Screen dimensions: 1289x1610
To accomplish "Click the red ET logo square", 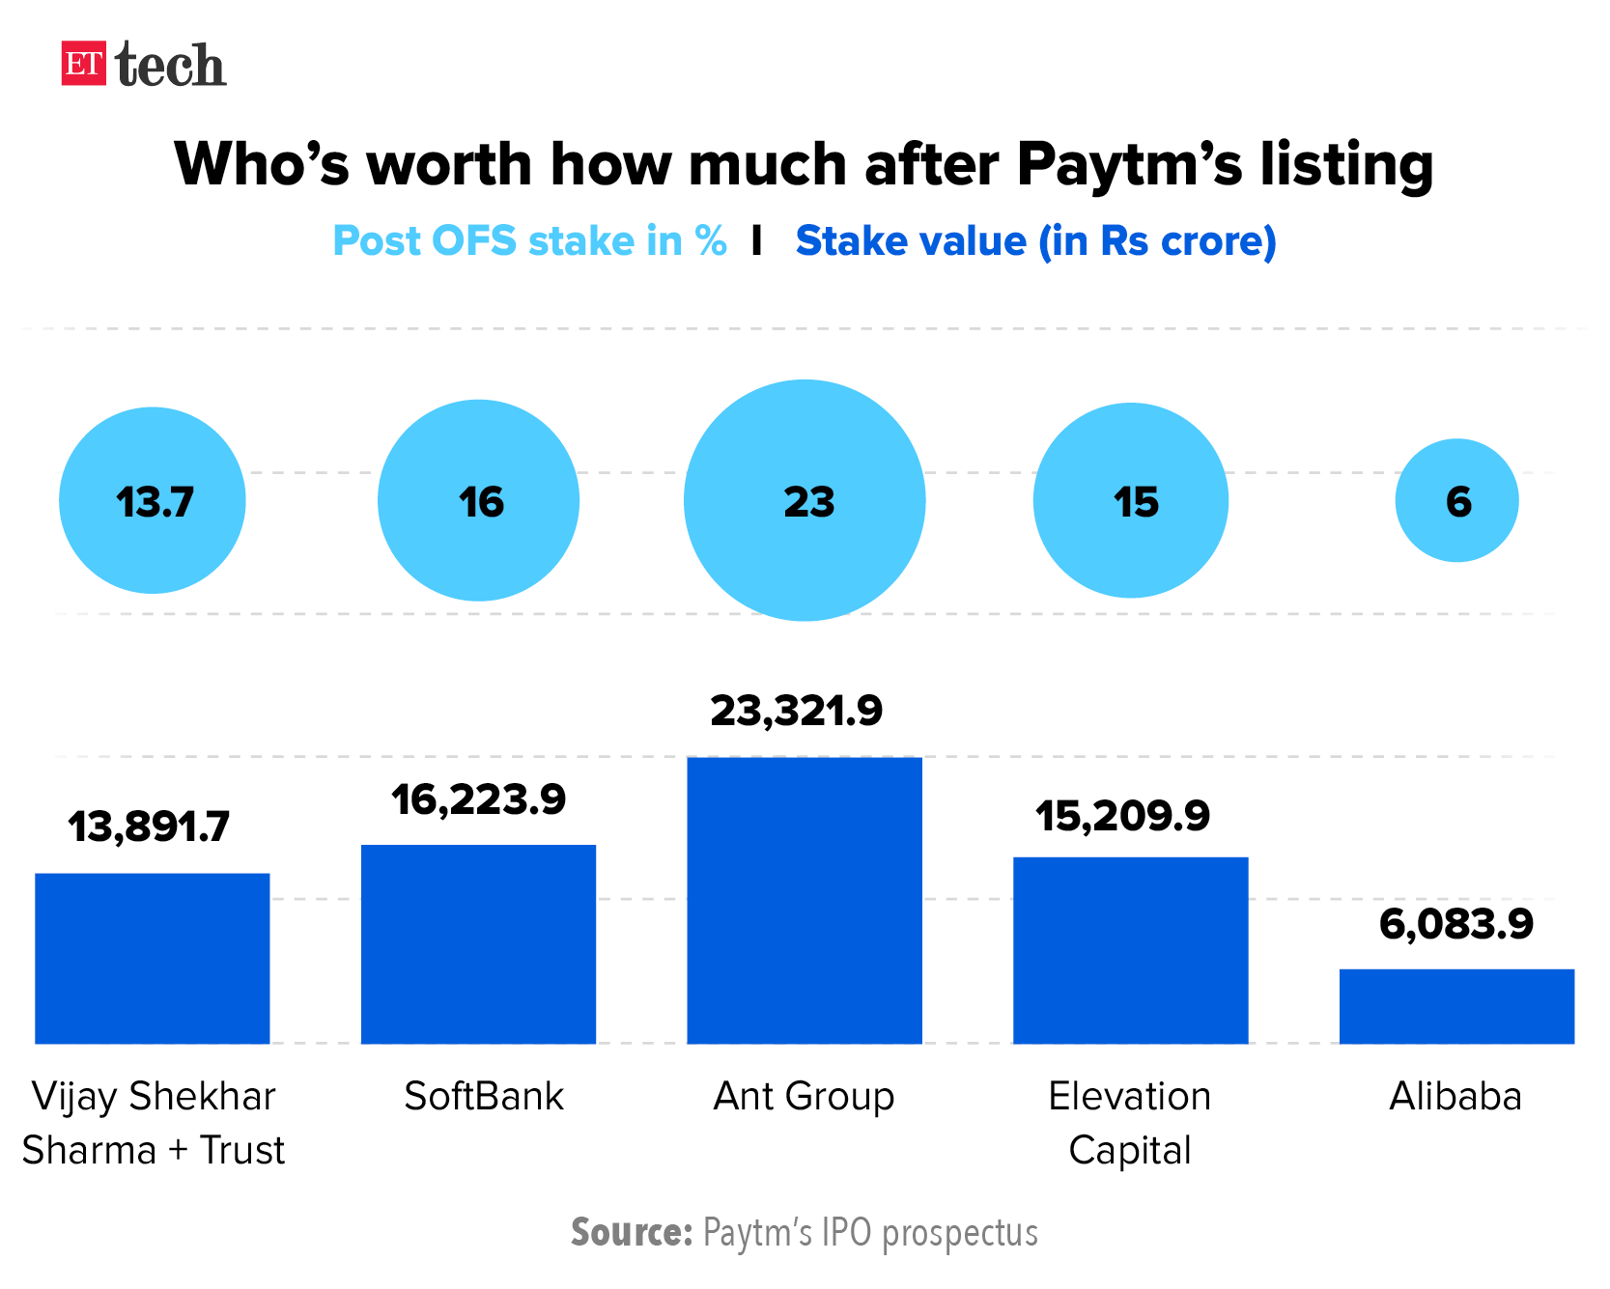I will (x=83, y=64).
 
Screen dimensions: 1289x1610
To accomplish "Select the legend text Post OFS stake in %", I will (x=529, y=241).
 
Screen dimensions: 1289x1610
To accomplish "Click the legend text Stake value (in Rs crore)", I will (x=1035, y=241).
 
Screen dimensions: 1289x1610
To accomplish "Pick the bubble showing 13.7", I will (x=153, y=500).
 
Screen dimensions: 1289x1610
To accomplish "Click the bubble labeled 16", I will (x=478, y=500).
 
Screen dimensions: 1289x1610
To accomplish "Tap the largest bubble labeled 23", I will (x=805, y=500).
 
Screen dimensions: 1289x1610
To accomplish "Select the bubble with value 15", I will (x=1131, y=500).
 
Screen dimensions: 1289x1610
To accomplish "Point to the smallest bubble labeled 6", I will (x=1456, y=500).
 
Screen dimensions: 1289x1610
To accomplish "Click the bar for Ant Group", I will (x=805, y=900).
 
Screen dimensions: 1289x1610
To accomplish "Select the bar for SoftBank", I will (x=478, y=943).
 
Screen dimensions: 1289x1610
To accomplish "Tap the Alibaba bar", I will (x=1456, y=1006).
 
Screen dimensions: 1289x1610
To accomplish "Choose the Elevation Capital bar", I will (x=1131, y=950).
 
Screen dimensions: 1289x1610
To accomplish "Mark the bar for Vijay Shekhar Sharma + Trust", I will (x=153, y=958).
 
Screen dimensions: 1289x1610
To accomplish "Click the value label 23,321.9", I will (x=797, y=712).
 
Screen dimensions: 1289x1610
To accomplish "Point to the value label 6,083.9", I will (x=1456, y=924).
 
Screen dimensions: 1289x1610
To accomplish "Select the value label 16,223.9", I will (x=478, y=799).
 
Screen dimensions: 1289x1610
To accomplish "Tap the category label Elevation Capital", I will (x=1130, y=1123).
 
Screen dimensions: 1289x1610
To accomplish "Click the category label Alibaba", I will (x=1455, y=1097).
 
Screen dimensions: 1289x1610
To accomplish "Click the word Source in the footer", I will (x=631, y=1233).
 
